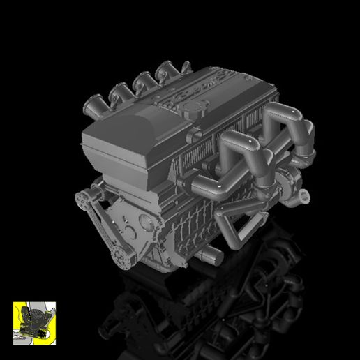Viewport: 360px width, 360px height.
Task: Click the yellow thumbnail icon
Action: pyautogui.click(x=34, y=322)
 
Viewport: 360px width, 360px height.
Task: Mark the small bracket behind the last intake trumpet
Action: pyautogui.click(x=186, y=67)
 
